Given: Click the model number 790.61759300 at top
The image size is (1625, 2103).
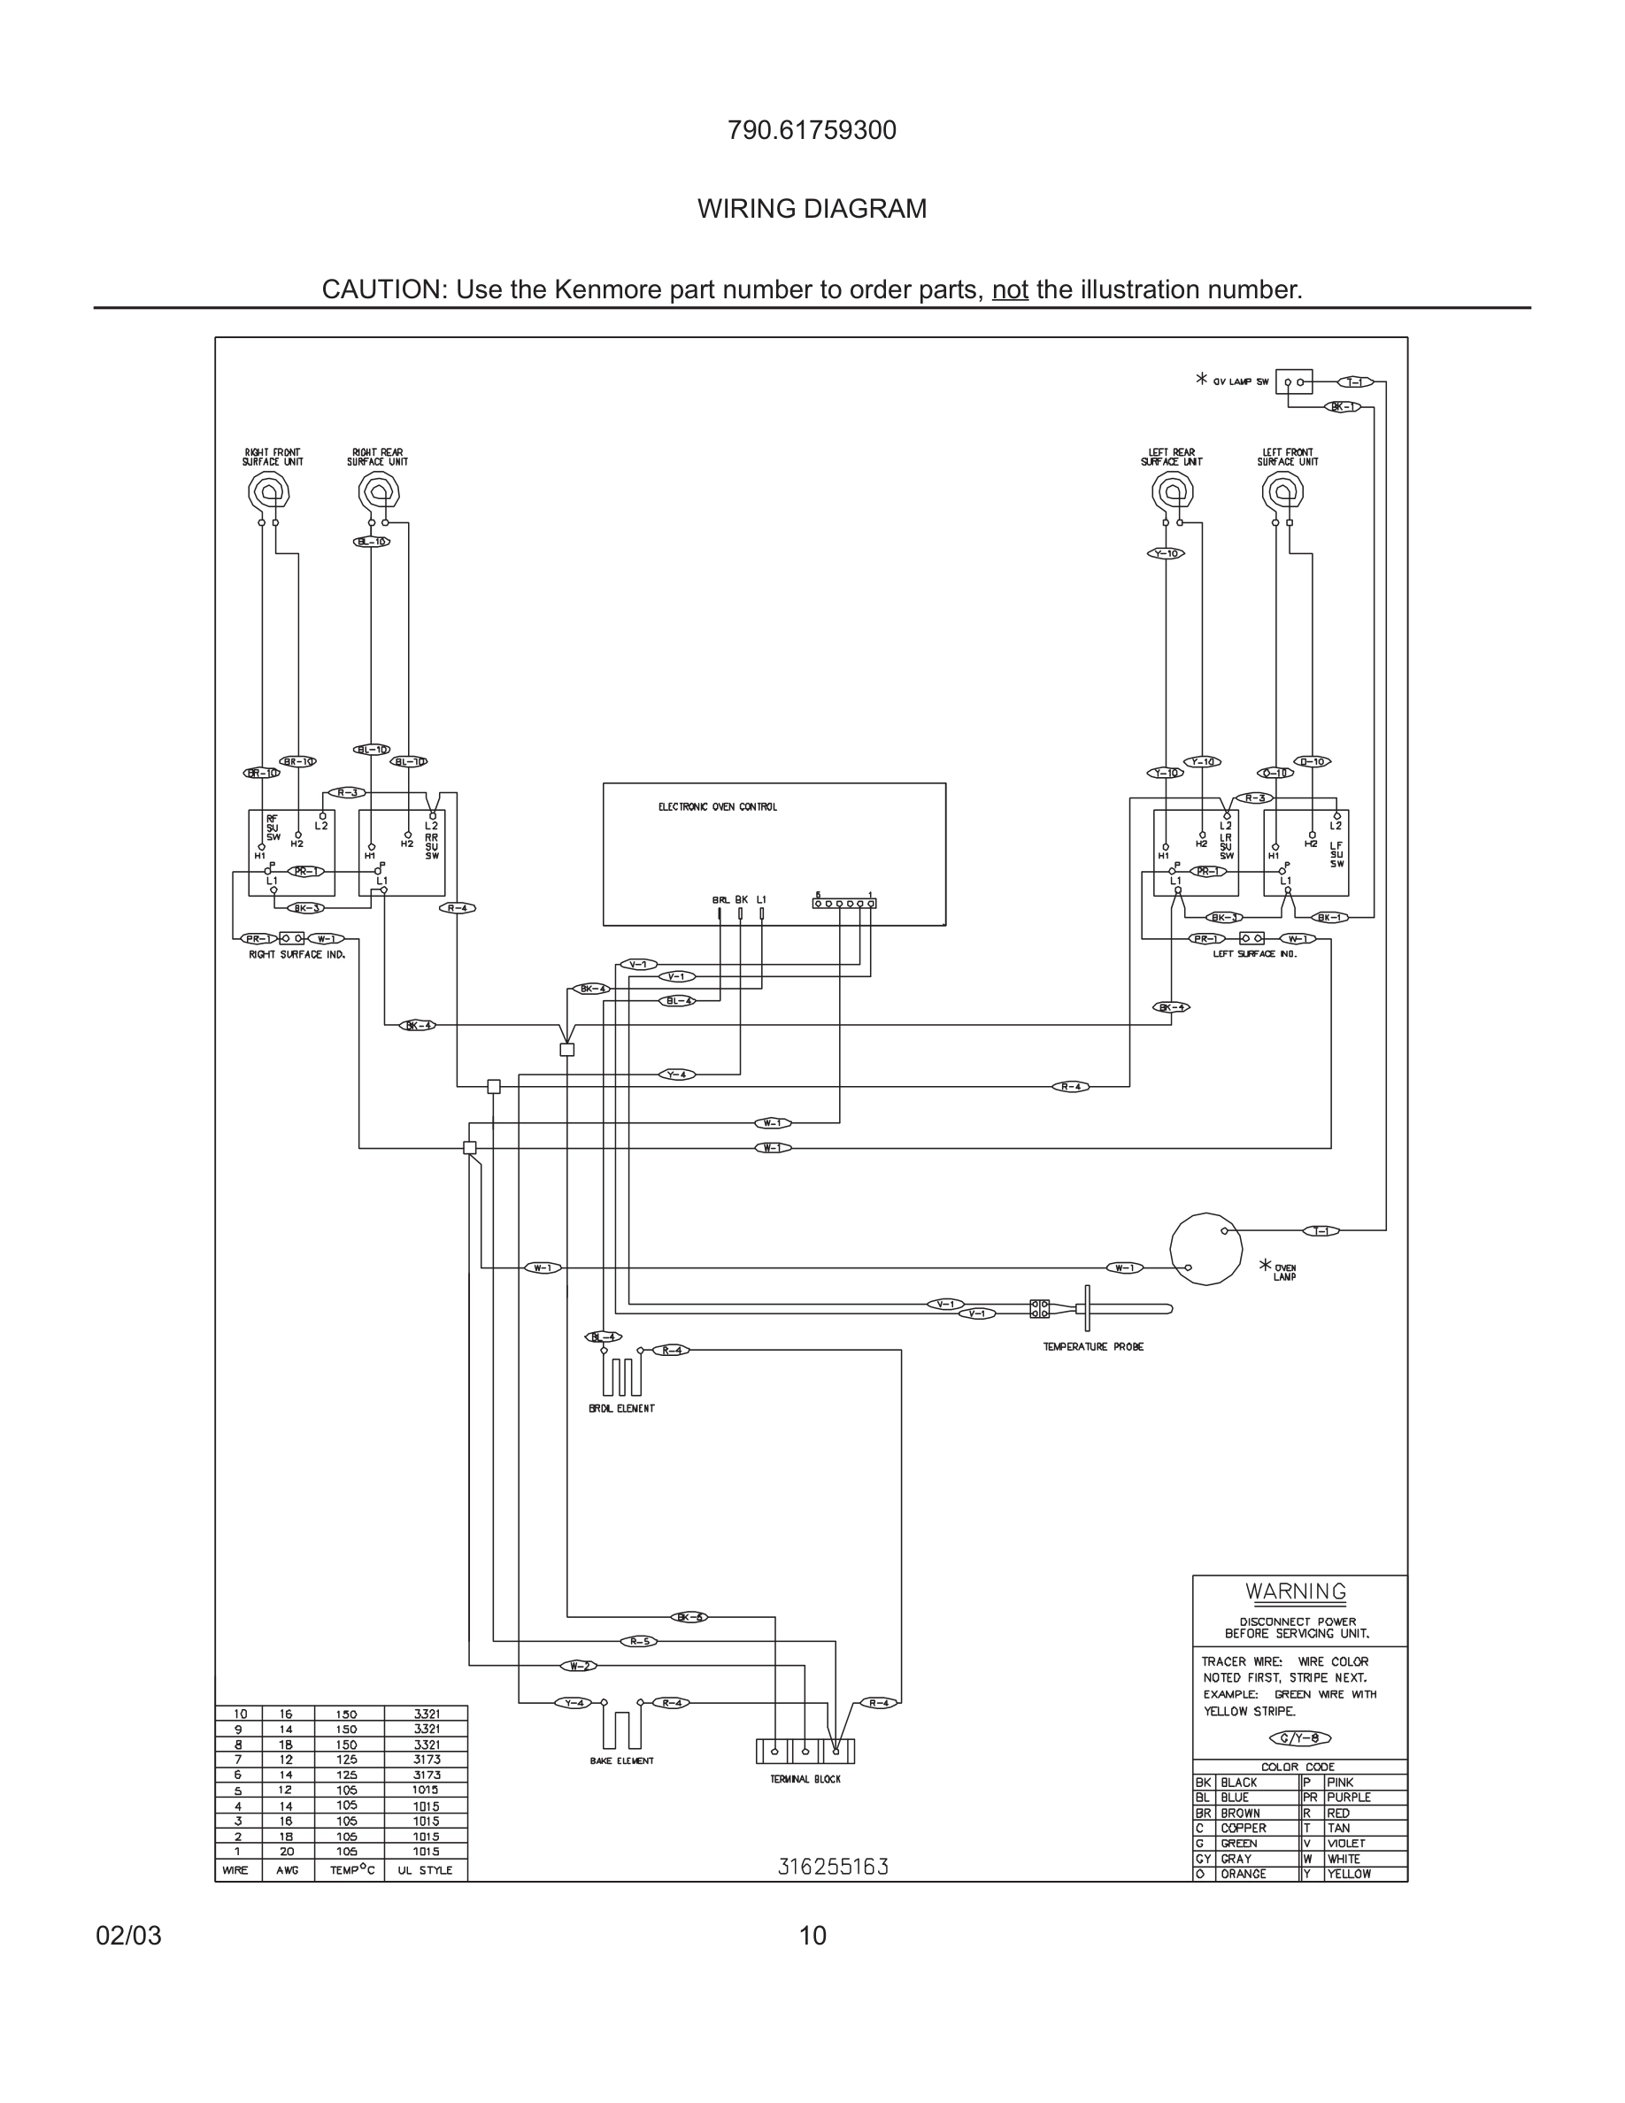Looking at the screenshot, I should [812, 131].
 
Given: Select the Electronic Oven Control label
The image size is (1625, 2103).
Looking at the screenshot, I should [717, 807].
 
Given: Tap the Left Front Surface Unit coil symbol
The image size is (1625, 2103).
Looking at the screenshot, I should [1282, 493].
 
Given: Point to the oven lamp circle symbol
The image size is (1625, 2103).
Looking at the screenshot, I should [1205, 1248].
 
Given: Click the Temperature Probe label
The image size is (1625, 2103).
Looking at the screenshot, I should [1093, 1347].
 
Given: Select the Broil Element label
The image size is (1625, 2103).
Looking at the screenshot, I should [621, 1408].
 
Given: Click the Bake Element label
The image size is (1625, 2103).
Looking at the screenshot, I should [621, 1761].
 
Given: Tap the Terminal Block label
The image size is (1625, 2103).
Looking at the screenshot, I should [805, 1779].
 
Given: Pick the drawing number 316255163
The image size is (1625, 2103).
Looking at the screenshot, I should [833, 1867].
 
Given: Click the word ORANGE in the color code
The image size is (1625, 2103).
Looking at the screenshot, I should [1243, 1874].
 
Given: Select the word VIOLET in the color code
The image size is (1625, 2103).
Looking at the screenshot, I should [1346, 1843].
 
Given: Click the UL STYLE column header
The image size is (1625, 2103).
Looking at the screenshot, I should [425, 1870].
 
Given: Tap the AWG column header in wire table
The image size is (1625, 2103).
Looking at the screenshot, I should [287, 1870].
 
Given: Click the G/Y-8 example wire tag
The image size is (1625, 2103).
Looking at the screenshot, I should [1299, 1738].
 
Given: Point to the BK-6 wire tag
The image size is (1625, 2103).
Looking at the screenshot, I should [689, 1617].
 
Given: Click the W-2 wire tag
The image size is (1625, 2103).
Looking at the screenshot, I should [579, 1666].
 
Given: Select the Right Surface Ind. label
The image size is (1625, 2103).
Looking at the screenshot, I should [297, 954].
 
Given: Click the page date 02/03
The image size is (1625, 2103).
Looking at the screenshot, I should [128, 1936].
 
